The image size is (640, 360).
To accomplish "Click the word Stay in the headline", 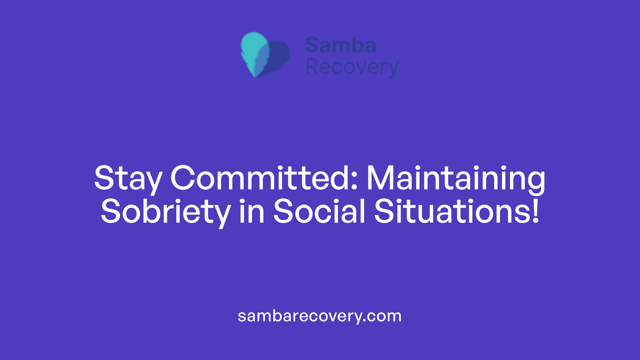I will (x=128, y=179).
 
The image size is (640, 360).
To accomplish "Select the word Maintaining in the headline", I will (x=456, y=179).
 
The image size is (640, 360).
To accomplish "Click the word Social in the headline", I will (x=319, y=211).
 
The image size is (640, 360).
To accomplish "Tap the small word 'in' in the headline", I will (x=252, y=211).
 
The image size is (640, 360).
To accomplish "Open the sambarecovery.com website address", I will (x=319, y=316).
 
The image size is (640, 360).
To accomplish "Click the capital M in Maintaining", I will (x=380, y=178).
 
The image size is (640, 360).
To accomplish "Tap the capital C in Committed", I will (x=183, y=178).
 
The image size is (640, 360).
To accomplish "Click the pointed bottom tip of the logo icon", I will (x=255, y=76).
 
